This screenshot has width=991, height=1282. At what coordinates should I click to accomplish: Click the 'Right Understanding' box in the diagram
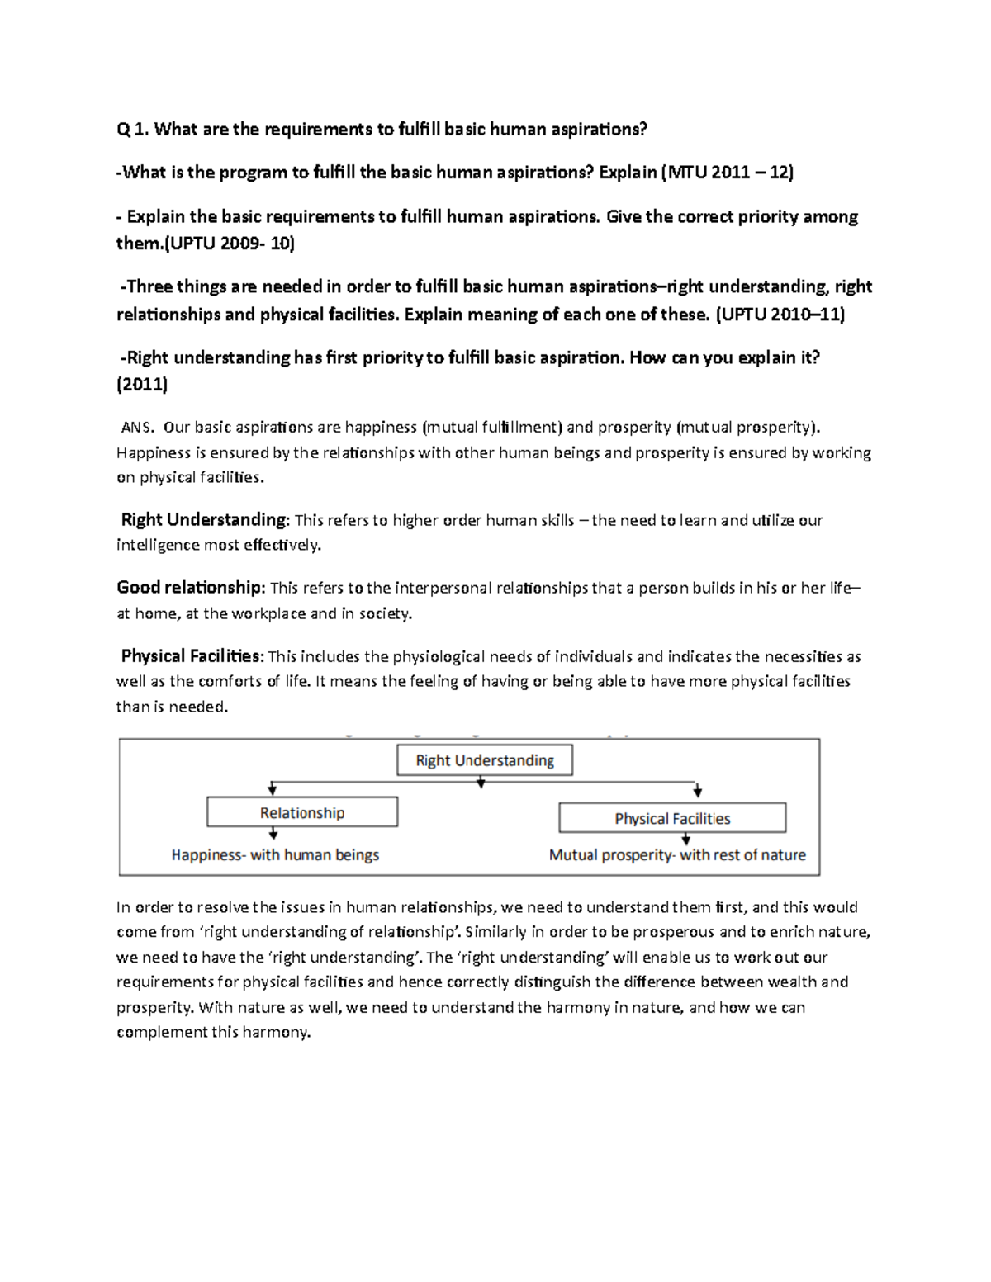click(x=485, y=760)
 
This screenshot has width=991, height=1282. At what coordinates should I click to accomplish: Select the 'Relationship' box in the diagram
click(x=302, y=812)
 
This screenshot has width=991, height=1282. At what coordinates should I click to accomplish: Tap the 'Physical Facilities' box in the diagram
click(x=672, y=818)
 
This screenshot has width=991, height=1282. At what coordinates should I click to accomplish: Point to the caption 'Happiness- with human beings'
click(x=275, y=855)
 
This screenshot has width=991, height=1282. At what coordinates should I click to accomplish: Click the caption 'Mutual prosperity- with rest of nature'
click(x=677, y=855)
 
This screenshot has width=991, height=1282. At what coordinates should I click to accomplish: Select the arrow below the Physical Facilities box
click(x=686, y=840)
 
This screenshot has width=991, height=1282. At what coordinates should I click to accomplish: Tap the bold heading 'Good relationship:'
click(x=191, y=588)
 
